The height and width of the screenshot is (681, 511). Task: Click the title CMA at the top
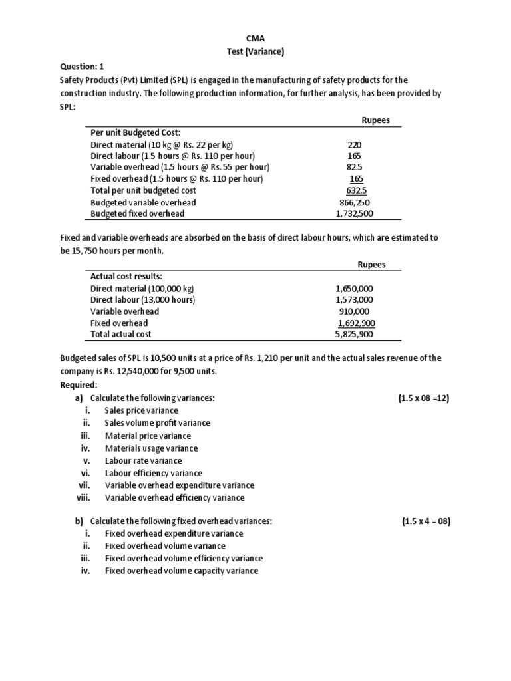click(255, 39)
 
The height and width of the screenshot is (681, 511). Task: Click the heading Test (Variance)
click(255, 51)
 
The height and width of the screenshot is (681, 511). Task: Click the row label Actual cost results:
click(126, 277)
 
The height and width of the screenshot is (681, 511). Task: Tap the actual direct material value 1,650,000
click(355, 289)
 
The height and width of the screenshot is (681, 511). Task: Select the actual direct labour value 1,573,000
click(355, 300)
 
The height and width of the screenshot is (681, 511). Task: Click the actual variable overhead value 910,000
click(355, 311)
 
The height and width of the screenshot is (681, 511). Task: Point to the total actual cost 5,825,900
click(355, 335)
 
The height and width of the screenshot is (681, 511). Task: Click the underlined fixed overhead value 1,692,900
click(356, 323)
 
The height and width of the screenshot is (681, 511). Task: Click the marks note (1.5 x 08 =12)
click(425, 398)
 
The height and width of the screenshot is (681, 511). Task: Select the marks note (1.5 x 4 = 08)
click(426, 522)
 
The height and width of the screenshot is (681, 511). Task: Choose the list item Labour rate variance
click(143, 460)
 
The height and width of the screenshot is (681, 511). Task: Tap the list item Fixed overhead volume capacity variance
click(182, 571)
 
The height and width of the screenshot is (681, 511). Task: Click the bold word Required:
click(79, 385)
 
